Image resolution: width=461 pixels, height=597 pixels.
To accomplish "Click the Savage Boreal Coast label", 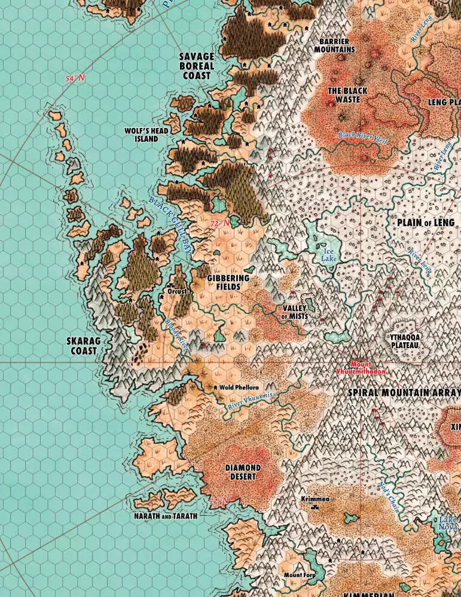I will coord(197,66).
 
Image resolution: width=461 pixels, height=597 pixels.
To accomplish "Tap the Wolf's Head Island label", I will coord(146,135).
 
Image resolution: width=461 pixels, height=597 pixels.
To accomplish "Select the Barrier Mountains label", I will coord(334,45).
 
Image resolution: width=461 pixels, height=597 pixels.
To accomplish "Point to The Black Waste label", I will coord(347,95).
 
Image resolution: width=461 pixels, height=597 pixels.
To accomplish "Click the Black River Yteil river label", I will coord(363,136).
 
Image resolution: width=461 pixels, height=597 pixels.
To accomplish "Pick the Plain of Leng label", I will coord(425,223).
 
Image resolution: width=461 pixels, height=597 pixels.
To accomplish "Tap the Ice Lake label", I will coord(328,255).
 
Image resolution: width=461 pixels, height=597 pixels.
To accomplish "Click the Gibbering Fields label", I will coord(228,282).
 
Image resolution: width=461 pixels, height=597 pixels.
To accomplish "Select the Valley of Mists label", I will coord(294,312).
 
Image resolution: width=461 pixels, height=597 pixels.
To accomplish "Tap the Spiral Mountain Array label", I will coord(405,392).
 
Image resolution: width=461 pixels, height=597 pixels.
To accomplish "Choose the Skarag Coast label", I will coord(84,346).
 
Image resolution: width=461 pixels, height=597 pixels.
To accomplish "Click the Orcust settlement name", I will coord(178,291).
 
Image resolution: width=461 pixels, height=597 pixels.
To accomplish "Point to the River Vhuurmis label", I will coord(250,401).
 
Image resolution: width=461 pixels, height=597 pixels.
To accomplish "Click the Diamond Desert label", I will coord(242,472).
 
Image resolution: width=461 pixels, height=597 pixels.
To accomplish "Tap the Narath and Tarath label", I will coord(165,515).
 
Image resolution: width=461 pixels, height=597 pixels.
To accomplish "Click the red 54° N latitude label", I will coord(75,78).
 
